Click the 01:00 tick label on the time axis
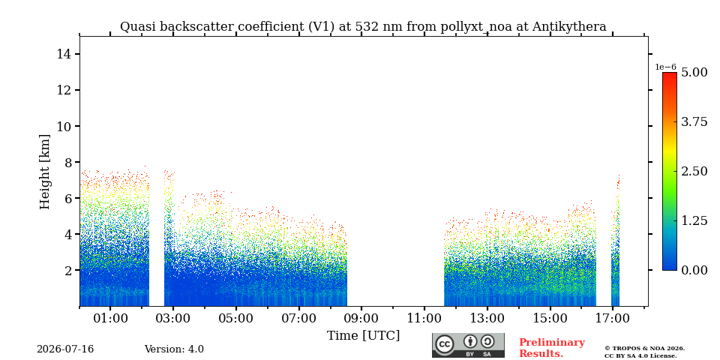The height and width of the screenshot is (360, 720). coord(111,318)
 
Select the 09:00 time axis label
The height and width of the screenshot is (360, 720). coord(361,318)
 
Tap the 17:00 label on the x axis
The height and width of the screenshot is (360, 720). coord(612,318)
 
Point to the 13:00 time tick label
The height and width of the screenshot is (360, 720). coord(487,318)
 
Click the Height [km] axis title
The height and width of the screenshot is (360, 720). coord(44,172)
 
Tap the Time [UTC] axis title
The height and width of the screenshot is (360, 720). coord(363,336)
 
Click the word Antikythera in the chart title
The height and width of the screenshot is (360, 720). coord(569,27)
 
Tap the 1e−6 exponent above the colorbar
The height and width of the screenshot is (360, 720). coord(666,67)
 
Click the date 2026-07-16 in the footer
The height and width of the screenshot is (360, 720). coord(65,349)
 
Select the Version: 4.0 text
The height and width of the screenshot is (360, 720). coord(174,349)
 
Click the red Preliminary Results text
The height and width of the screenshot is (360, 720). coord(552,348)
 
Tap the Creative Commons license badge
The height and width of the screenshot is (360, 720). coord(468,345)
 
